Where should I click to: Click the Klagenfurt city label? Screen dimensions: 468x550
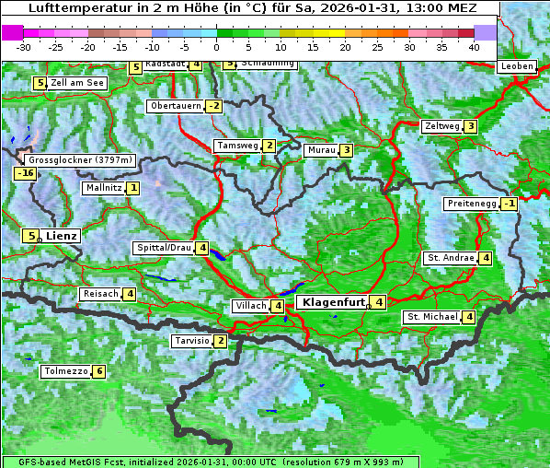pos(330,301)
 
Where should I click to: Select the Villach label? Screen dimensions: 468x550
pos(250,306)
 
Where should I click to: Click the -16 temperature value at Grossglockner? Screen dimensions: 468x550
pos(25,173)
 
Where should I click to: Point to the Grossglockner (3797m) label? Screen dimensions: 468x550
pos(81,159)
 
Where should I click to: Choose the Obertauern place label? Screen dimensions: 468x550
pos(175,106)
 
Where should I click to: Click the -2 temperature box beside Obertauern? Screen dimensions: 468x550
pos(213,106)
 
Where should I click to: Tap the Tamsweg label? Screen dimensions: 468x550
pos(236,146)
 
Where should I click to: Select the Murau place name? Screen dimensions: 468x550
pos(321,150)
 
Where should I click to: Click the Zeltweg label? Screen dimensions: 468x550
pos(441,126)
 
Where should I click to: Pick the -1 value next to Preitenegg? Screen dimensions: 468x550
pos(509,204)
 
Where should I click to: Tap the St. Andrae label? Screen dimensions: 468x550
pos(450,258)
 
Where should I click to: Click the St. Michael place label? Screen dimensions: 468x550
pos(432,317)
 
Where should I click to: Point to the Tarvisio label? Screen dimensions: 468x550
pos(191,341)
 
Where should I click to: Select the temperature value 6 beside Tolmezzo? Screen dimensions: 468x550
pos(99,371)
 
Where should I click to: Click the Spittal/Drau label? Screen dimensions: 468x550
pos(164,248)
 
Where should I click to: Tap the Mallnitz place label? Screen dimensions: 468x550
pos(102,188)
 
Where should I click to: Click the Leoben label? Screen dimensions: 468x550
pos(517,66)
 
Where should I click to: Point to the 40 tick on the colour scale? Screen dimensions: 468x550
pos(474,47)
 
